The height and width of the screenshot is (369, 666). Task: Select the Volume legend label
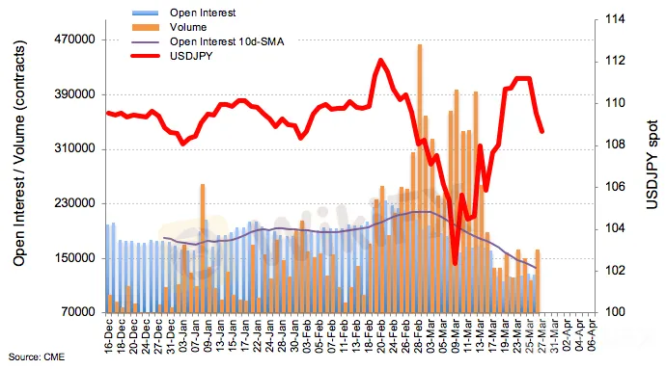[x=188, y=27]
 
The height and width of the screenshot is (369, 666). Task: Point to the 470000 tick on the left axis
[x=74, y=40]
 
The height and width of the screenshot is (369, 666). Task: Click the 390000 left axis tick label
[x=74, y=94]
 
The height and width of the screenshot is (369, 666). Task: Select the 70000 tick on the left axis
[x=77, y=312]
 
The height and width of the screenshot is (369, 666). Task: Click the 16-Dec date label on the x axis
[x=109, y=334]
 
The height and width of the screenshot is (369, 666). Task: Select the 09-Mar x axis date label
[x=456, y=334]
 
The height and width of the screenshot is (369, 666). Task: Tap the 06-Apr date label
[x=592, y=334]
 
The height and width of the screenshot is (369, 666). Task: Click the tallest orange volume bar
[x=420, y=178]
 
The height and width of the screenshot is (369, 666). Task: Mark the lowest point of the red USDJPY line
[x=456, y=264]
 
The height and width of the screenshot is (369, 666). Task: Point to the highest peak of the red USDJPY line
[x=380, y=61]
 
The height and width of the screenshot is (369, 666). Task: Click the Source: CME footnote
[x=37, y=357]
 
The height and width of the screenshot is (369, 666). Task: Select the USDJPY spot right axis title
[x=652, y=165]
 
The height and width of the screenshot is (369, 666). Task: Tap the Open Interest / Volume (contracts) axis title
[x=19, y=153]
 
